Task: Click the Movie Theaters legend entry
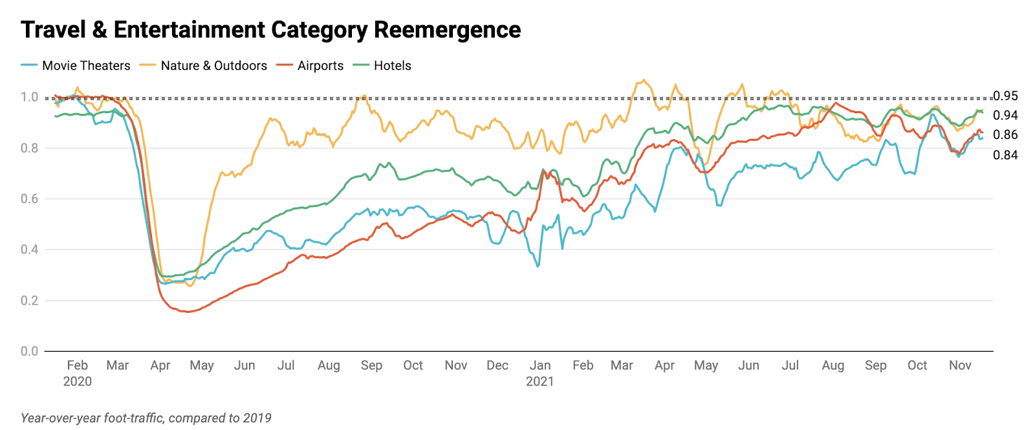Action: click(85, 65)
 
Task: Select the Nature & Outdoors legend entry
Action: click(213, 65)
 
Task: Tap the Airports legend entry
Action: click(320, 65)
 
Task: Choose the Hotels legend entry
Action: click(392, 65)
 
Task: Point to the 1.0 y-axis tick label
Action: click(29, 97)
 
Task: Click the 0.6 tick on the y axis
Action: click(29, 199)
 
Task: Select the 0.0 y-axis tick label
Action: click(29, 351)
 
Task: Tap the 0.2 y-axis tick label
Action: click(29, 300)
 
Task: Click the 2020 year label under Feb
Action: click(77, 382)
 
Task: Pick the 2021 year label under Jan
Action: click(539, 382)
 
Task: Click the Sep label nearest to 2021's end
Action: click(875, 365)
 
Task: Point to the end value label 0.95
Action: click(1005, 96)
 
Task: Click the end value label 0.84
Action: click(1005, 155)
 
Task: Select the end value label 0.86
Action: click(1005, 135)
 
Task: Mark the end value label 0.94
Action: click(1005, 115)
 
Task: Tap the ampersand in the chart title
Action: click(97, 30)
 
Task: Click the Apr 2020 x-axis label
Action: click(160, 365)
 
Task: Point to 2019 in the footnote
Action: click(257, 418)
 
